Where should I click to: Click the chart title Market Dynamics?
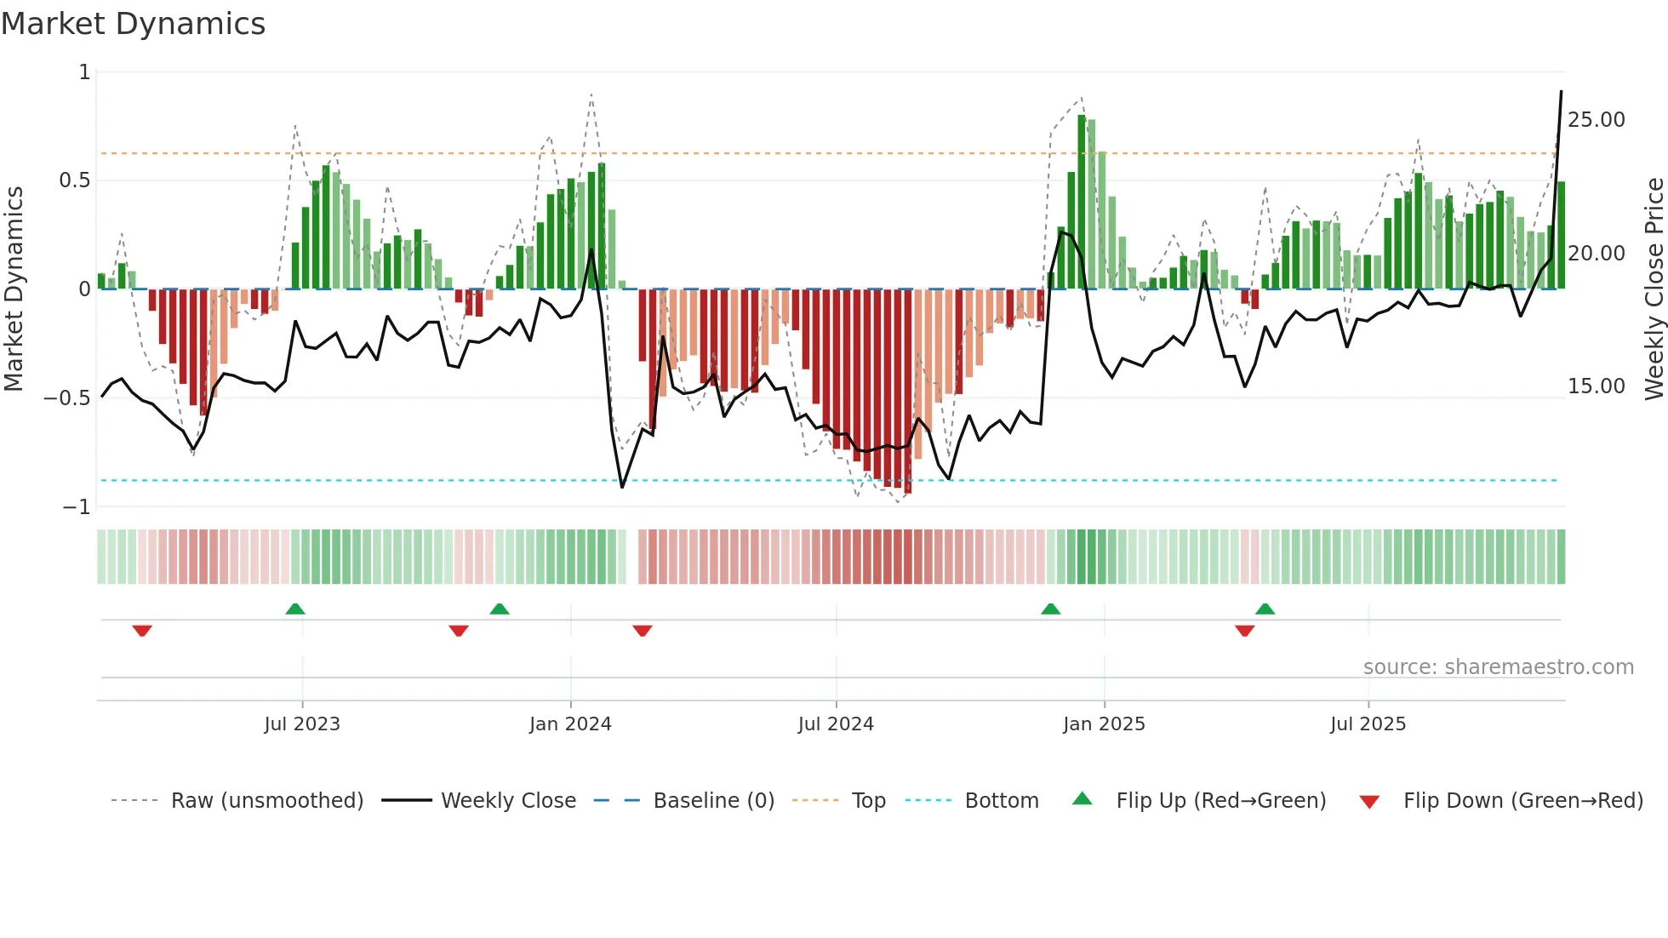pyautogui.click(x=133, y=24)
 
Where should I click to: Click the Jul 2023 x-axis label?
pyautogui.click(x=302, y=724)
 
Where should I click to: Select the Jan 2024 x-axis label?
pyautogui.click(x=570, y=724)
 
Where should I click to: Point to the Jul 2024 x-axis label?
pyautogui.click(x=836, y=724)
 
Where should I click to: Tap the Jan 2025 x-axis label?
pyautogui.click(x=1104, y=724)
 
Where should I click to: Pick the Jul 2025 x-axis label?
pyautogui.click(x=1368, y=724)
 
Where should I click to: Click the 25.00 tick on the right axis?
pyautogui.click(x=1597, y=120)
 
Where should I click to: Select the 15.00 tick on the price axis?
pyautogui.click(x=1597, y=386)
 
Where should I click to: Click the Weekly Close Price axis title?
pyautogui.click(x=1654, y=289)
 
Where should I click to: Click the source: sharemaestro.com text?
pyautogui.click(x=1498, y=667)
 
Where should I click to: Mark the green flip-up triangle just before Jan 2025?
pyautogui.click(x=1051, y=609)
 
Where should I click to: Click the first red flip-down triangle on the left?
pyautogui.click(x=142, y=631)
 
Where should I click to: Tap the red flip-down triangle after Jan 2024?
pyautogui.click(x=643, y=631)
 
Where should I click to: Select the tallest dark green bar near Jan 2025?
pyautogui.click(x=1082, y=202)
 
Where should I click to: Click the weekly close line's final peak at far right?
pyautogui.click(x=1561, y=92)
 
